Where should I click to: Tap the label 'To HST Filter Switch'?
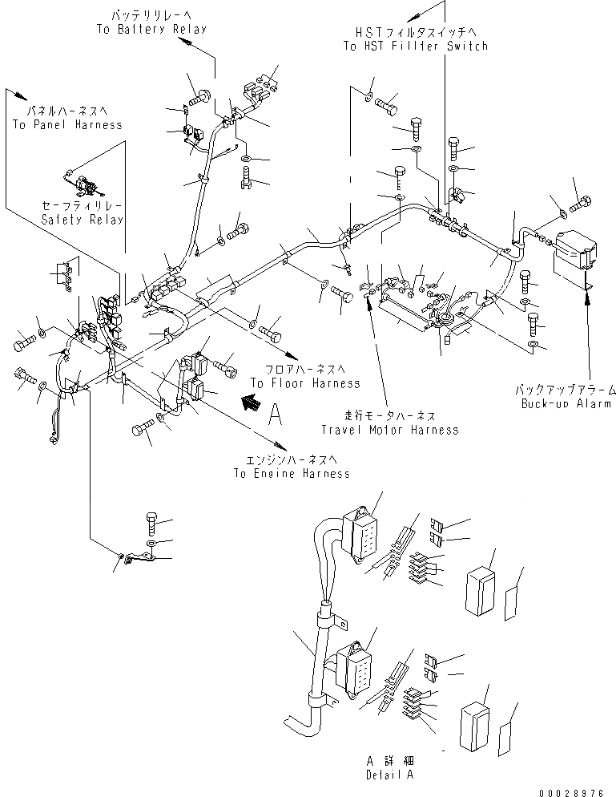415,47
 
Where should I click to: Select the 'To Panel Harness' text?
67,124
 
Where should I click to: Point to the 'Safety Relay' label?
83,220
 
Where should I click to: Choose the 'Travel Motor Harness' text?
390,430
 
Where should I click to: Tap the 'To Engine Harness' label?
292,473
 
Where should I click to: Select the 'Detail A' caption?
392,775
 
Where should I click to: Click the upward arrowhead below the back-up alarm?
590,297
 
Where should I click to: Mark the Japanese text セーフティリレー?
83,206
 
